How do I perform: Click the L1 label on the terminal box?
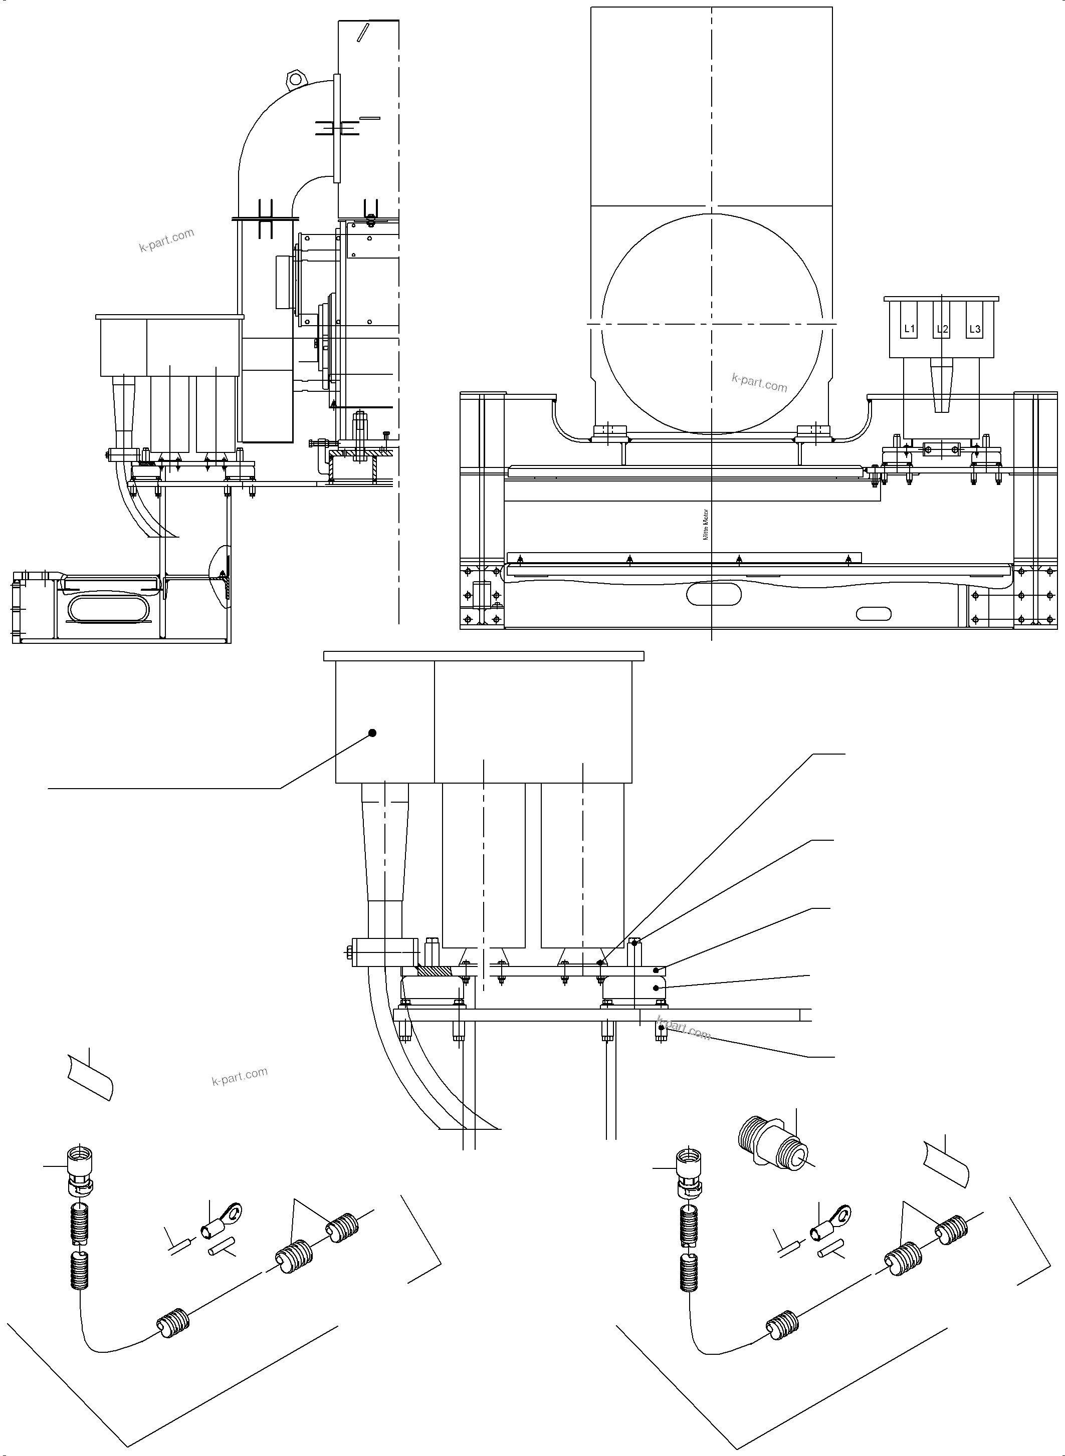[x=909, y=329]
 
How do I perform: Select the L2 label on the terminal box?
[x=942, y=329]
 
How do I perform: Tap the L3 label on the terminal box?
[x=975, y=329]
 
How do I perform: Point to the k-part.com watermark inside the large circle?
[x=759, y=383]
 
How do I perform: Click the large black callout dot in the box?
[x=371, y=733]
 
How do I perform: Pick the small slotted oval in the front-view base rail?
[x=873, y=614]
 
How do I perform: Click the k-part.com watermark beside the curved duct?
[x=166, y=240]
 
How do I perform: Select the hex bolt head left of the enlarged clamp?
[x=349, y=952]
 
